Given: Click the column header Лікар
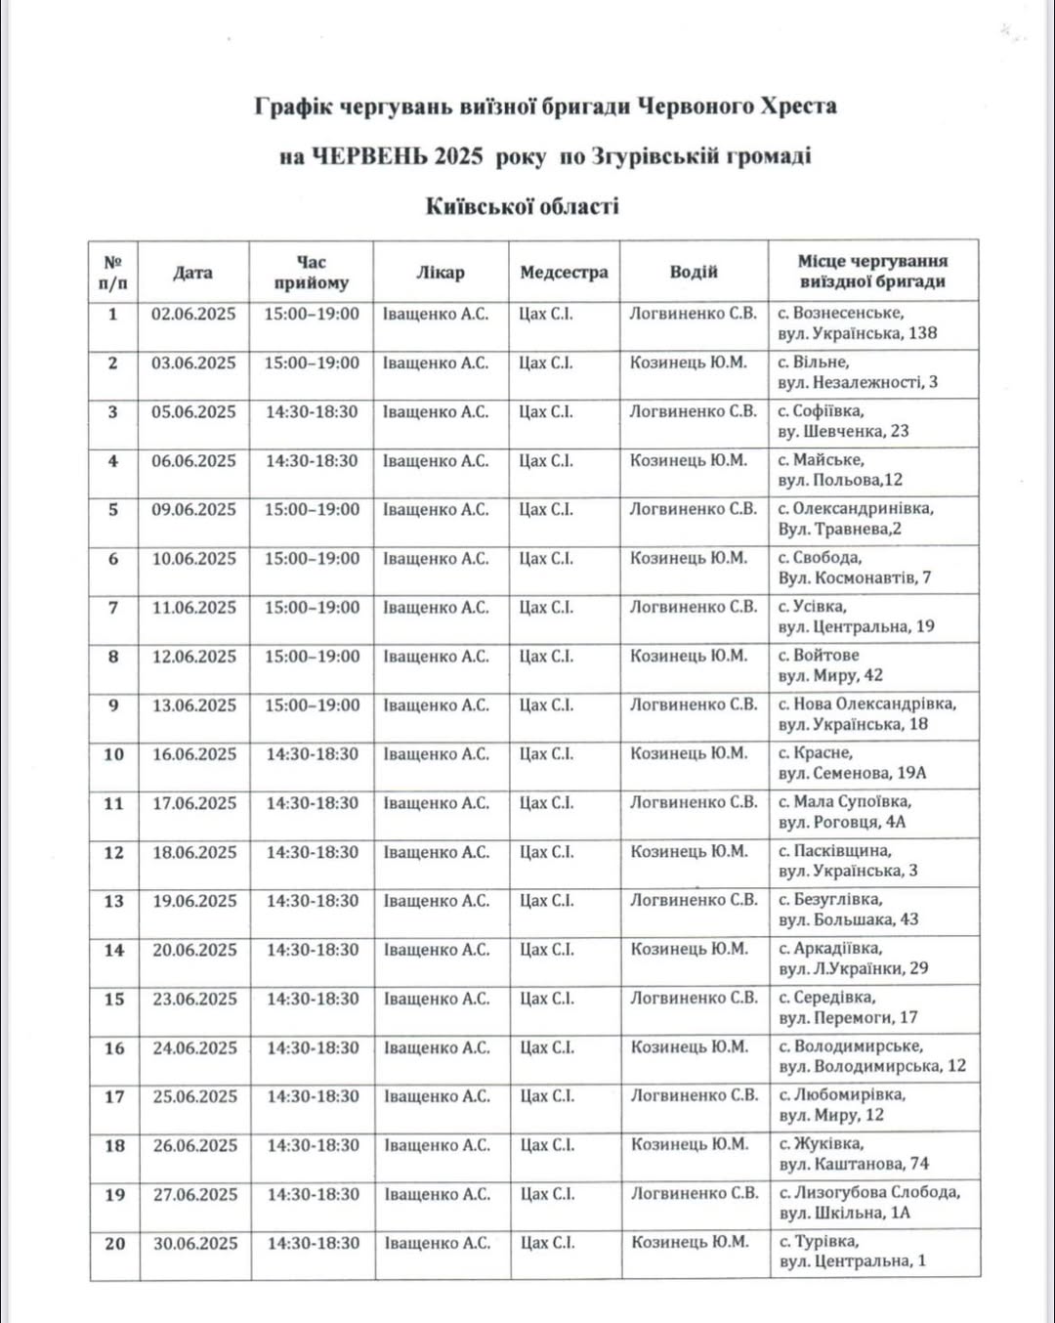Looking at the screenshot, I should point(440,273).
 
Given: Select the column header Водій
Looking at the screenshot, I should point(694,273).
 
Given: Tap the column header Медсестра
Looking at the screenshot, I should point(564,273).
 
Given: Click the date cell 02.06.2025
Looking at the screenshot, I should point(193,315).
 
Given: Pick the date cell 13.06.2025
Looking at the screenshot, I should point(193,705).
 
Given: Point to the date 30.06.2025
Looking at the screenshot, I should point(195,1244).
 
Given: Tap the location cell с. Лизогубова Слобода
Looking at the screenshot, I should point(869,1203).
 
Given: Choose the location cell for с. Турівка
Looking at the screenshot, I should point(852,1252).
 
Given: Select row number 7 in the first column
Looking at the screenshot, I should point(113,608).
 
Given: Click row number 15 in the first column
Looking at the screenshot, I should point(114,1000).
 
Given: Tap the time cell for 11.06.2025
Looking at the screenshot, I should point(312,608).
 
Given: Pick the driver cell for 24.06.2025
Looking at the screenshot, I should point(690,1047).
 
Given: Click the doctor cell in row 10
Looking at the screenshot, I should point(436,754).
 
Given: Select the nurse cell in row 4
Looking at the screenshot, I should point(546,461).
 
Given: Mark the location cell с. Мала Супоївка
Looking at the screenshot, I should point(845,812).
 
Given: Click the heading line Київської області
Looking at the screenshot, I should point(523,206).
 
